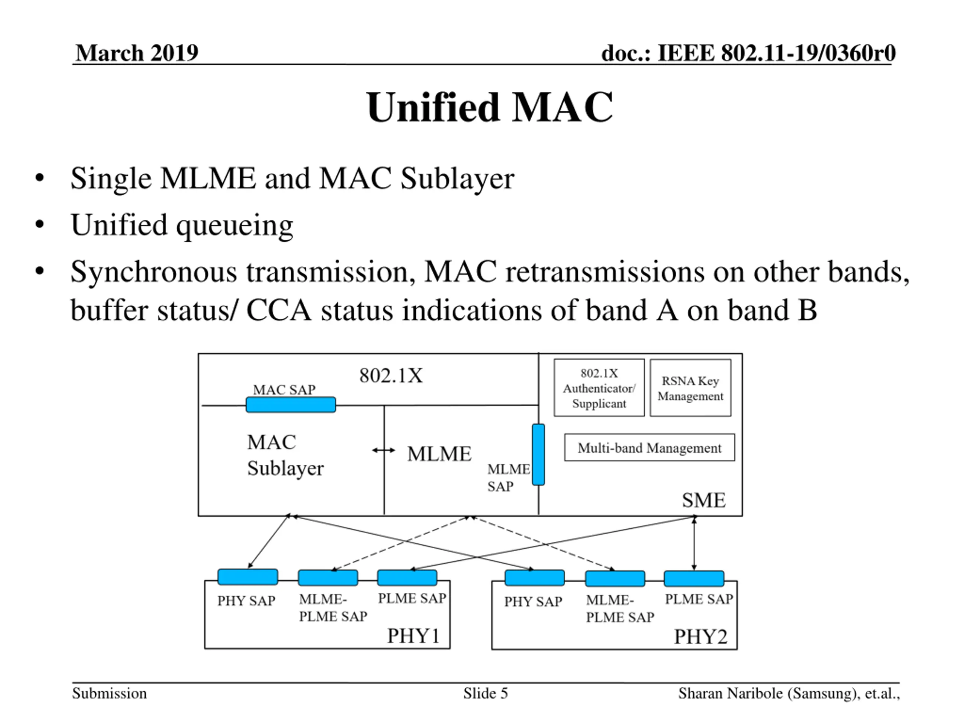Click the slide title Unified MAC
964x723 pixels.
[490, 107]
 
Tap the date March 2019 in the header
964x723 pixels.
[137, 53]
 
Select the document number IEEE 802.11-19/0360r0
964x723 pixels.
[776, 53]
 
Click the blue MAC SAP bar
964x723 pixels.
[291, 404]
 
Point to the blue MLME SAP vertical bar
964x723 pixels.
[538, 455]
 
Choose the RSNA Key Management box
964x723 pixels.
[690, 388]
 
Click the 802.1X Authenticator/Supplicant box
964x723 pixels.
[599, 388]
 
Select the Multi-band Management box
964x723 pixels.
[649, 447]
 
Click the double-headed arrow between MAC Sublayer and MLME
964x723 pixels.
[383, 450]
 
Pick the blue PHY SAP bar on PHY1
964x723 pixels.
[247, 577]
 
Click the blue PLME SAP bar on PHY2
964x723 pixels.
[694, 578]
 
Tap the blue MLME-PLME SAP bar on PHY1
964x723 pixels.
[328, 577]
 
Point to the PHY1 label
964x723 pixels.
[413, 636]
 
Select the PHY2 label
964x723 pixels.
[701, 637]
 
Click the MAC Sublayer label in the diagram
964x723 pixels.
[285, 455]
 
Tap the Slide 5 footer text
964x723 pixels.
[485, 693]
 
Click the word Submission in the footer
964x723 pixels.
[109, 693]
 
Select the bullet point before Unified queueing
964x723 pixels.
[40, 224]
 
